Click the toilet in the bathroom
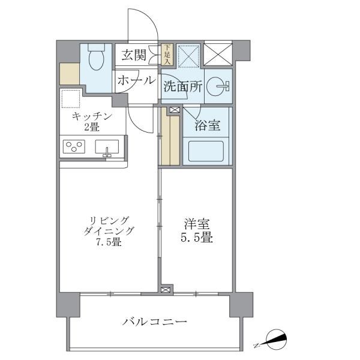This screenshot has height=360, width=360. click(x=95, y=59)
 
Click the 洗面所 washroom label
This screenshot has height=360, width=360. click(x=182, y=86)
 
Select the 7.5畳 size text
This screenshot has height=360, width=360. click(x=107, y=243)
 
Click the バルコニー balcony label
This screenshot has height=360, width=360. click(x=155, y=322)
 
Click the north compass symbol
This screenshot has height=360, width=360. click(x=274, y=341)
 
